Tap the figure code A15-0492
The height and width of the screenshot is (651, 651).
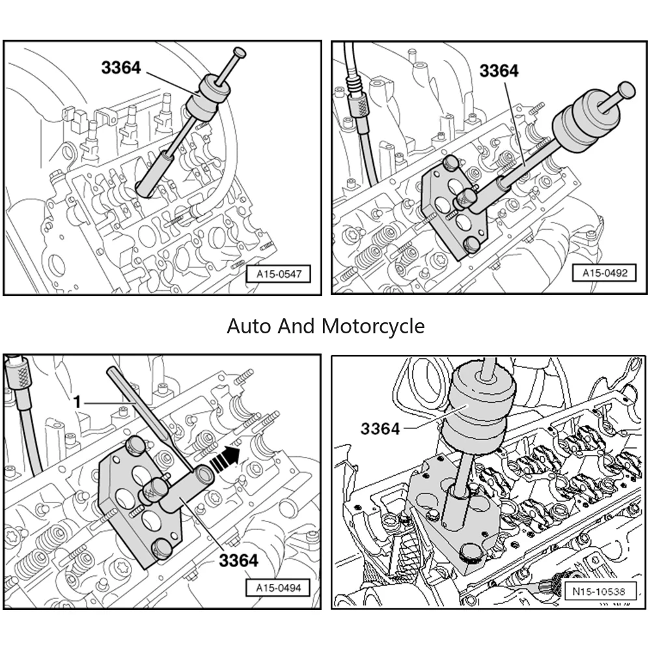click(x=605, y=273)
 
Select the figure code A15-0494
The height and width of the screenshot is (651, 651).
click(x=277, y=589)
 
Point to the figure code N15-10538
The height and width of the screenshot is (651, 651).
click(x=600, y=592)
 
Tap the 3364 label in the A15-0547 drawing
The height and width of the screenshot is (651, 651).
click(x=120, y=66)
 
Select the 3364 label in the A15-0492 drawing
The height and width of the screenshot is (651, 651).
click(x=499, y=71)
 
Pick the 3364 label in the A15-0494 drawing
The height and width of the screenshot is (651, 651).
click(x=238, y=560)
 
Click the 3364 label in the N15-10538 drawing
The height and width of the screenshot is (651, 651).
click(x=380, y=428)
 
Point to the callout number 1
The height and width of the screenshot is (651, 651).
click(x=77, y=402)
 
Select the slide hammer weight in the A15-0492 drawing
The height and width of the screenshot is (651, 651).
click(x=581, y=122)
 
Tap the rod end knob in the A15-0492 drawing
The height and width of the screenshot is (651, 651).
click(x=626, y=89)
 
